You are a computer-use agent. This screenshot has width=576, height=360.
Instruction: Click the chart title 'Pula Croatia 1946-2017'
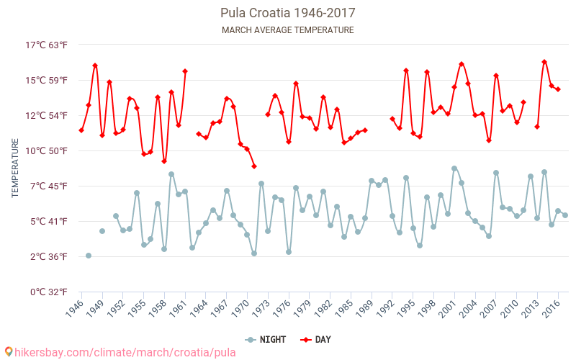(287, 13)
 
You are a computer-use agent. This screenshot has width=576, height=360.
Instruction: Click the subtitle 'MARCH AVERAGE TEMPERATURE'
(287, 30)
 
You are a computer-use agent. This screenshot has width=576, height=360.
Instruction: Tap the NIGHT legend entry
(264, 339)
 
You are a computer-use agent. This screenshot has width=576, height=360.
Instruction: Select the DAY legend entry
(316, 339)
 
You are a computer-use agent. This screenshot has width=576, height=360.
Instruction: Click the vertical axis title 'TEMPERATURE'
(15, 168)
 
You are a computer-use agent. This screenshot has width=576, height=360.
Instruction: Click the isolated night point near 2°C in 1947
(89, 256)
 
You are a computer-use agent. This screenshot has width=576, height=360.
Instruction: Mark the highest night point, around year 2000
(454, 168)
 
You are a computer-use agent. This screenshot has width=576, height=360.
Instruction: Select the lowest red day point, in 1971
(254, 166)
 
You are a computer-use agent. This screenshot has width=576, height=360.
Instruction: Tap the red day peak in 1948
(95, 66)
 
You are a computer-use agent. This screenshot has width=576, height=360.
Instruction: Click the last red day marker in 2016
(558, 89)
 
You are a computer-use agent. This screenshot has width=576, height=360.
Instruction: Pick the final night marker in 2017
(565, 215)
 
